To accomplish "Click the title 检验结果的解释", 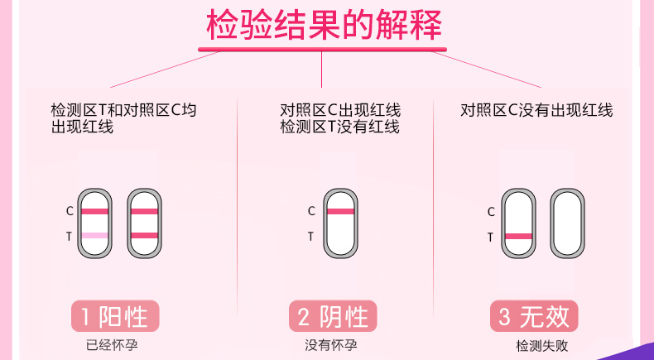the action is click(x=324, y=25).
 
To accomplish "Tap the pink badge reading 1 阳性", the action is click(x=115, y=316).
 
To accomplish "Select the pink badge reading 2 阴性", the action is click(x=333, y=316).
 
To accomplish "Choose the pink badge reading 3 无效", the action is click(x=534, y=316).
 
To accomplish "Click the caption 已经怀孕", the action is click(x=112, y=345).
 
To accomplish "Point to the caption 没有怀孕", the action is click(x=331, y=345).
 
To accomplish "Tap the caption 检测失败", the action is click(x=542, y=346).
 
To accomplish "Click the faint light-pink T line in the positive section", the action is click(x=94, y=236).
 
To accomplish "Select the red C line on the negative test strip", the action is click(x=340, y=212).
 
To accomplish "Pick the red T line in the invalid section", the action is click(x=518, y=237).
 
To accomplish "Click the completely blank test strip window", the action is click(x=567, y=223).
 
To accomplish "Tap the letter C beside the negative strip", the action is click(x=311, y=212).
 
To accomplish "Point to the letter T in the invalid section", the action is click(x=490, y=238).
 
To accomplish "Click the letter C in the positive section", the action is click(x=70, y=212).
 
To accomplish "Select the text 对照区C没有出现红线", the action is click(x=536, y=111).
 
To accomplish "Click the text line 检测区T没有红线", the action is click(x=340, y=127).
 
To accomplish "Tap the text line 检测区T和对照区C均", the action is click(x=123, y=111).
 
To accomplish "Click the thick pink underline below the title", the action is click(x=322, y=49).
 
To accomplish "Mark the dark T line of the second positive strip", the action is click(x=144, y=236).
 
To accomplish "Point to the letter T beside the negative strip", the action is click(x=310, y=237).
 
